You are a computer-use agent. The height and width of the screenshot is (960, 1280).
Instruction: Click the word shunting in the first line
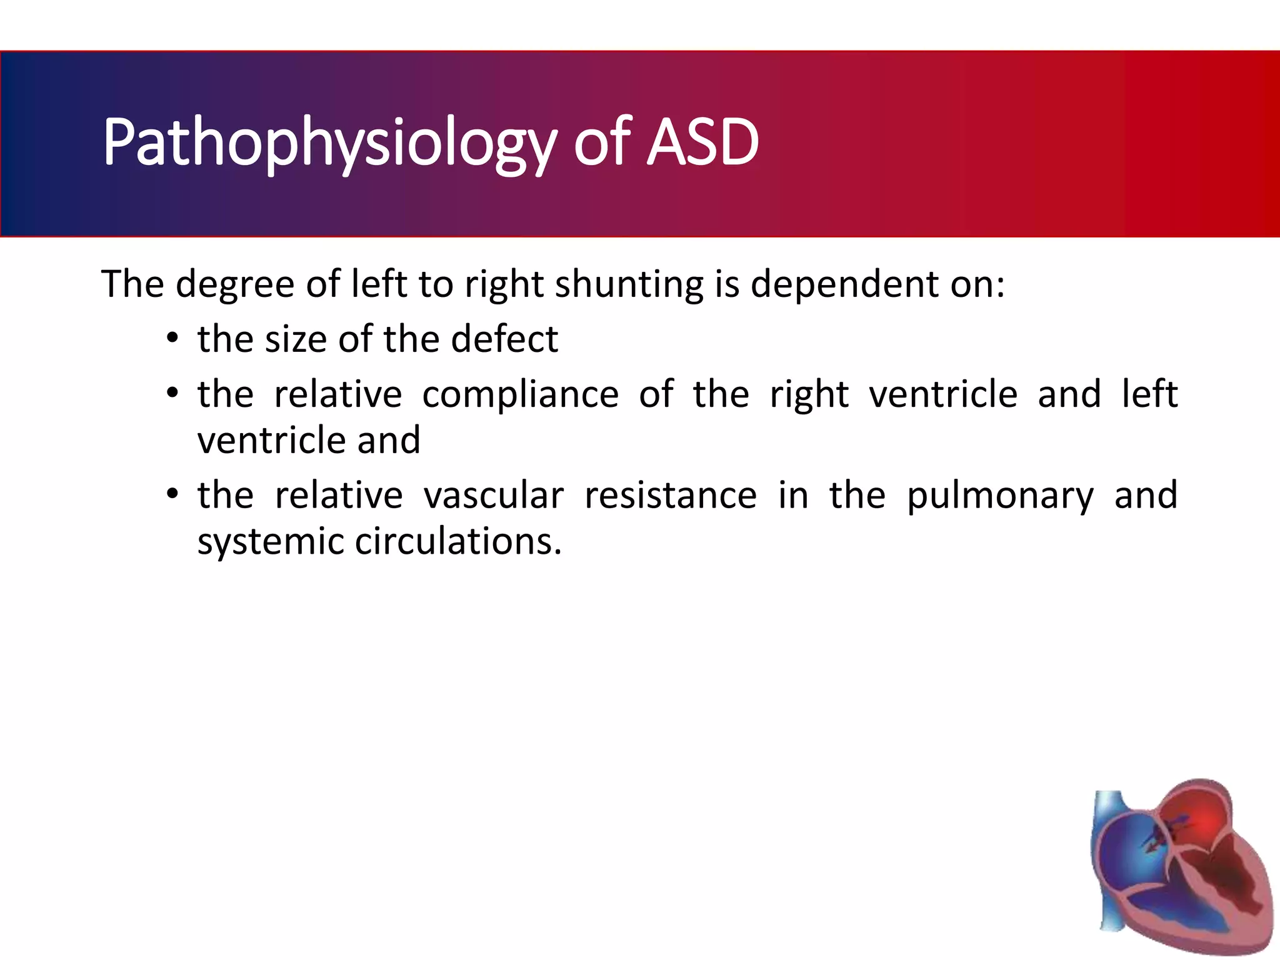[629, 284]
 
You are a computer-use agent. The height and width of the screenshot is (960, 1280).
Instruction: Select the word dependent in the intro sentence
[844, 284]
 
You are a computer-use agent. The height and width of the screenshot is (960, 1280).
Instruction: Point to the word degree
[234, 284]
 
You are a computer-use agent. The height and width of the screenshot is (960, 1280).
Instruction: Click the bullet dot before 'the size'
[172, 340]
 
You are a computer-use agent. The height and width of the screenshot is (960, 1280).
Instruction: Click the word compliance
[520, 395]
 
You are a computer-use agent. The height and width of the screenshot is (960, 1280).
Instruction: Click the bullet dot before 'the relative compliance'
[172, 395]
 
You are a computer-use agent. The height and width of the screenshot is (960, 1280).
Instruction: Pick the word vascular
[493, 496]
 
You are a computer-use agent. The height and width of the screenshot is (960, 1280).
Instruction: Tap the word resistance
[671, 496]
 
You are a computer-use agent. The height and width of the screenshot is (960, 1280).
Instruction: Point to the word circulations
[458, 541]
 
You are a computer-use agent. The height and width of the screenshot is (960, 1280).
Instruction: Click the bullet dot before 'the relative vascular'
[172, 496]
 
